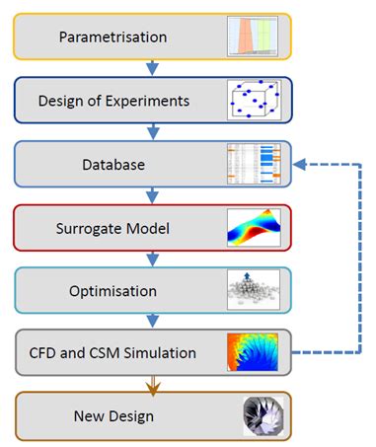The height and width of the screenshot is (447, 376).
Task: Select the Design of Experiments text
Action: tap(113, 101)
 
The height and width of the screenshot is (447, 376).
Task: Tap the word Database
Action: tap(113, 164)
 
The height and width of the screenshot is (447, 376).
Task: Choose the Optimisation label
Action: tap(113, 290)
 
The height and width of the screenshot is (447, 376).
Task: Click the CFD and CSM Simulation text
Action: tap(113, 352)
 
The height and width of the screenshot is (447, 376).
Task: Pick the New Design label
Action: tap(113, 415)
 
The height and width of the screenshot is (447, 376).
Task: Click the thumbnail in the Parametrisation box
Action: tap(254, 37)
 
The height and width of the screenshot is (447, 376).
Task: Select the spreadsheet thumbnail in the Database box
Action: tap(254, 164)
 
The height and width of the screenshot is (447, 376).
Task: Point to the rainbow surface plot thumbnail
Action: tap(254, 227)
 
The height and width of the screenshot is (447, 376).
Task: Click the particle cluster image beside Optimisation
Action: tap(254, 290)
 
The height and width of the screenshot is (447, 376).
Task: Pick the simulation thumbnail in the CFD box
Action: tap(254, 352)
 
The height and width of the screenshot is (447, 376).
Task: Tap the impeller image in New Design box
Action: tap(259, 414)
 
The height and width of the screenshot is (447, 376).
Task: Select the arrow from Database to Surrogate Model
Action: tap(151, 195)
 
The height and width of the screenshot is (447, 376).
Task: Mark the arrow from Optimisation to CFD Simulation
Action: tap(151, 321)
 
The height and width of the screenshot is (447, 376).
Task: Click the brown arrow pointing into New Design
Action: tap(151, 384)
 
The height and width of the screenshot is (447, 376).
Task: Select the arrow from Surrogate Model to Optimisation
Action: tap(151, 259)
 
